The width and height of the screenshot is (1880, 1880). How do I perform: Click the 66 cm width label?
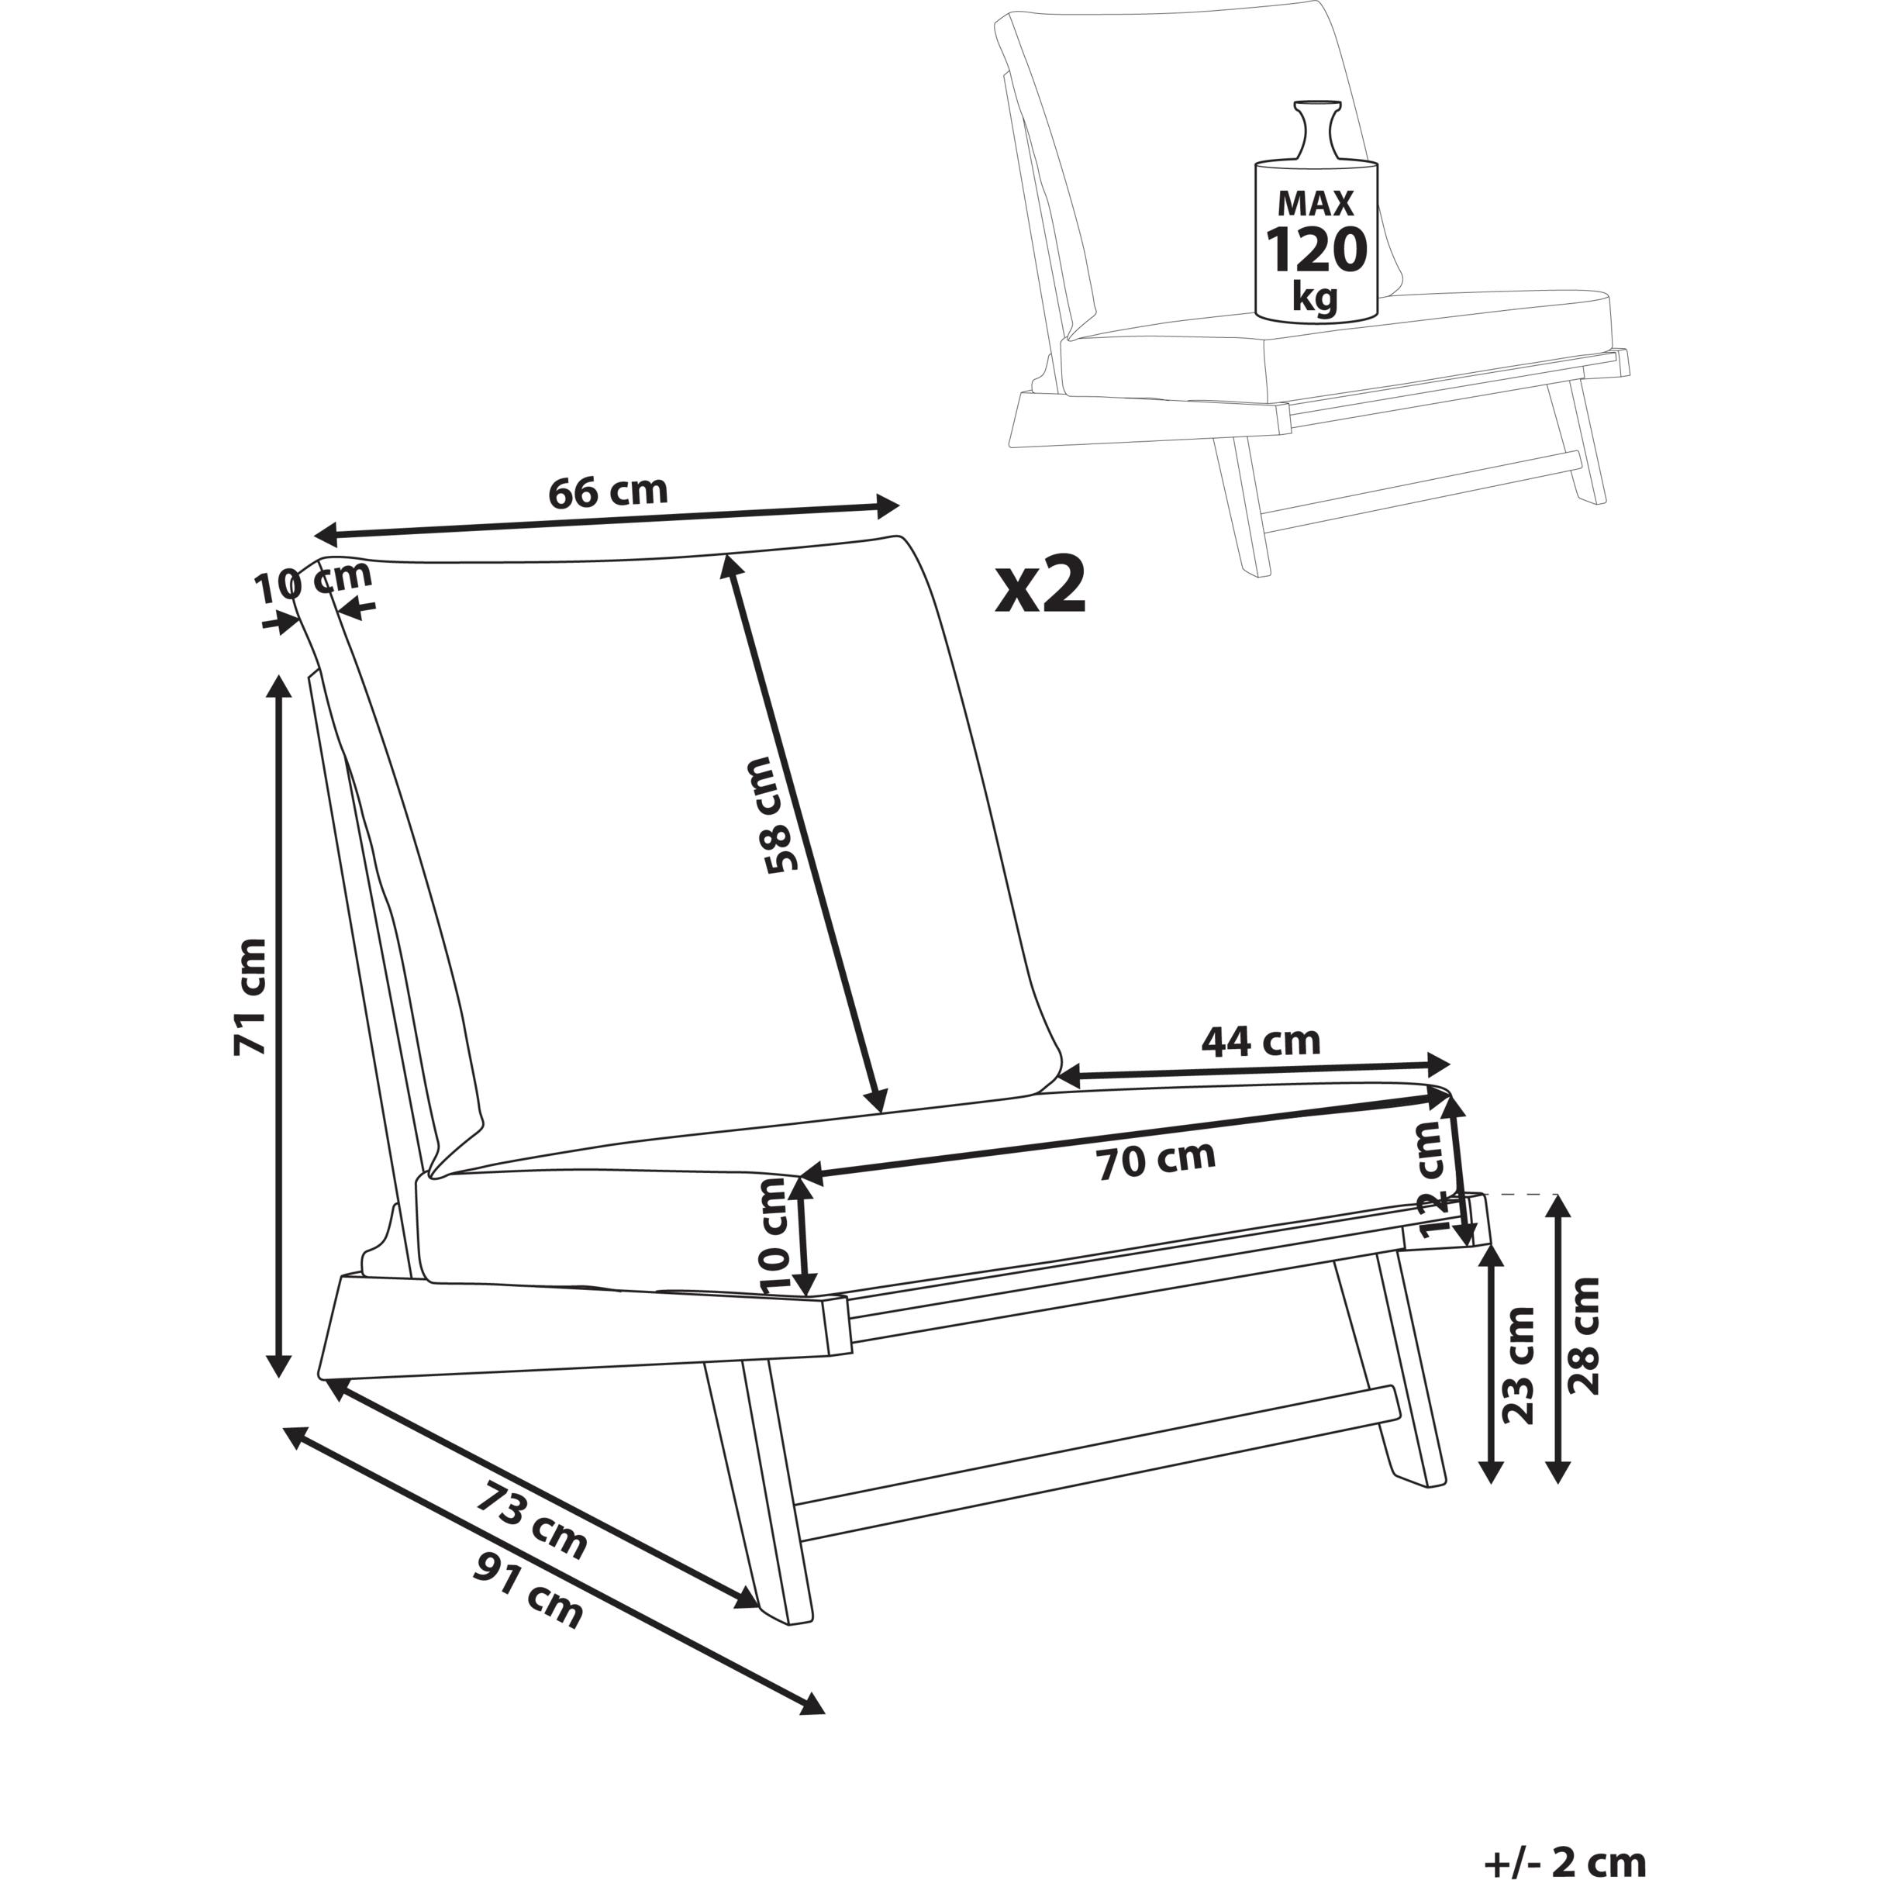[608, 492]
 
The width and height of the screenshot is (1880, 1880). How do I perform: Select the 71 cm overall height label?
[249, 996]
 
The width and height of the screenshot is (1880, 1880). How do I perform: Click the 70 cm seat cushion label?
[1156, 1160]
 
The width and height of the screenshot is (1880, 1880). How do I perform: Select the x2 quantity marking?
[1040, 587]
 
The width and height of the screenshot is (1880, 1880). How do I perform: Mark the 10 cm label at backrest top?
[313, 582]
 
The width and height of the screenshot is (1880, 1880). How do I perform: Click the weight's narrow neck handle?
[1316, 131]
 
